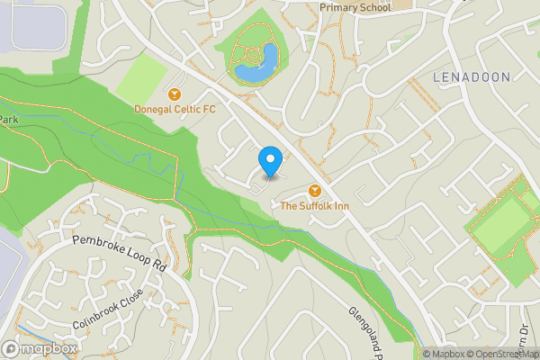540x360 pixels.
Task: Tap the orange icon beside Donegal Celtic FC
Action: (x=175, y=94)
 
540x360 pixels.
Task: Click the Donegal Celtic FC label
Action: (x=175, y=110)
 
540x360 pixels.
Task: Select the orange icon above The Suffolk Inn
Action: (x=315, y=191)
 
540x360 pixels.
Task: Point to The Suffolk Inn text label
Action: (x=315, y=207)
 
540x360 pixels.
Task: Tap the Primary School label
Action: (x=355, y=7)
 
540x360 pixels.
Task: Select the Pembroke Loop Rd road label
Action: (x=119, y=253)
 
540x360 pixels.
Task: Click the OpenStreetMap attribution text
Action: (x=504, y=354)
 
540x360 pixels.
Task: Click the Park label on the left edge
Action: (x=9, y=120)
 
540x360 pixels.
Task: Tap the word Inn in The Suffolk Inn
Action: (x=341, y=207)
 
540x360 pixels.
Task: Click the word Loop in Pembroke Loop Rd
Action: (x=128, y=251)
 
